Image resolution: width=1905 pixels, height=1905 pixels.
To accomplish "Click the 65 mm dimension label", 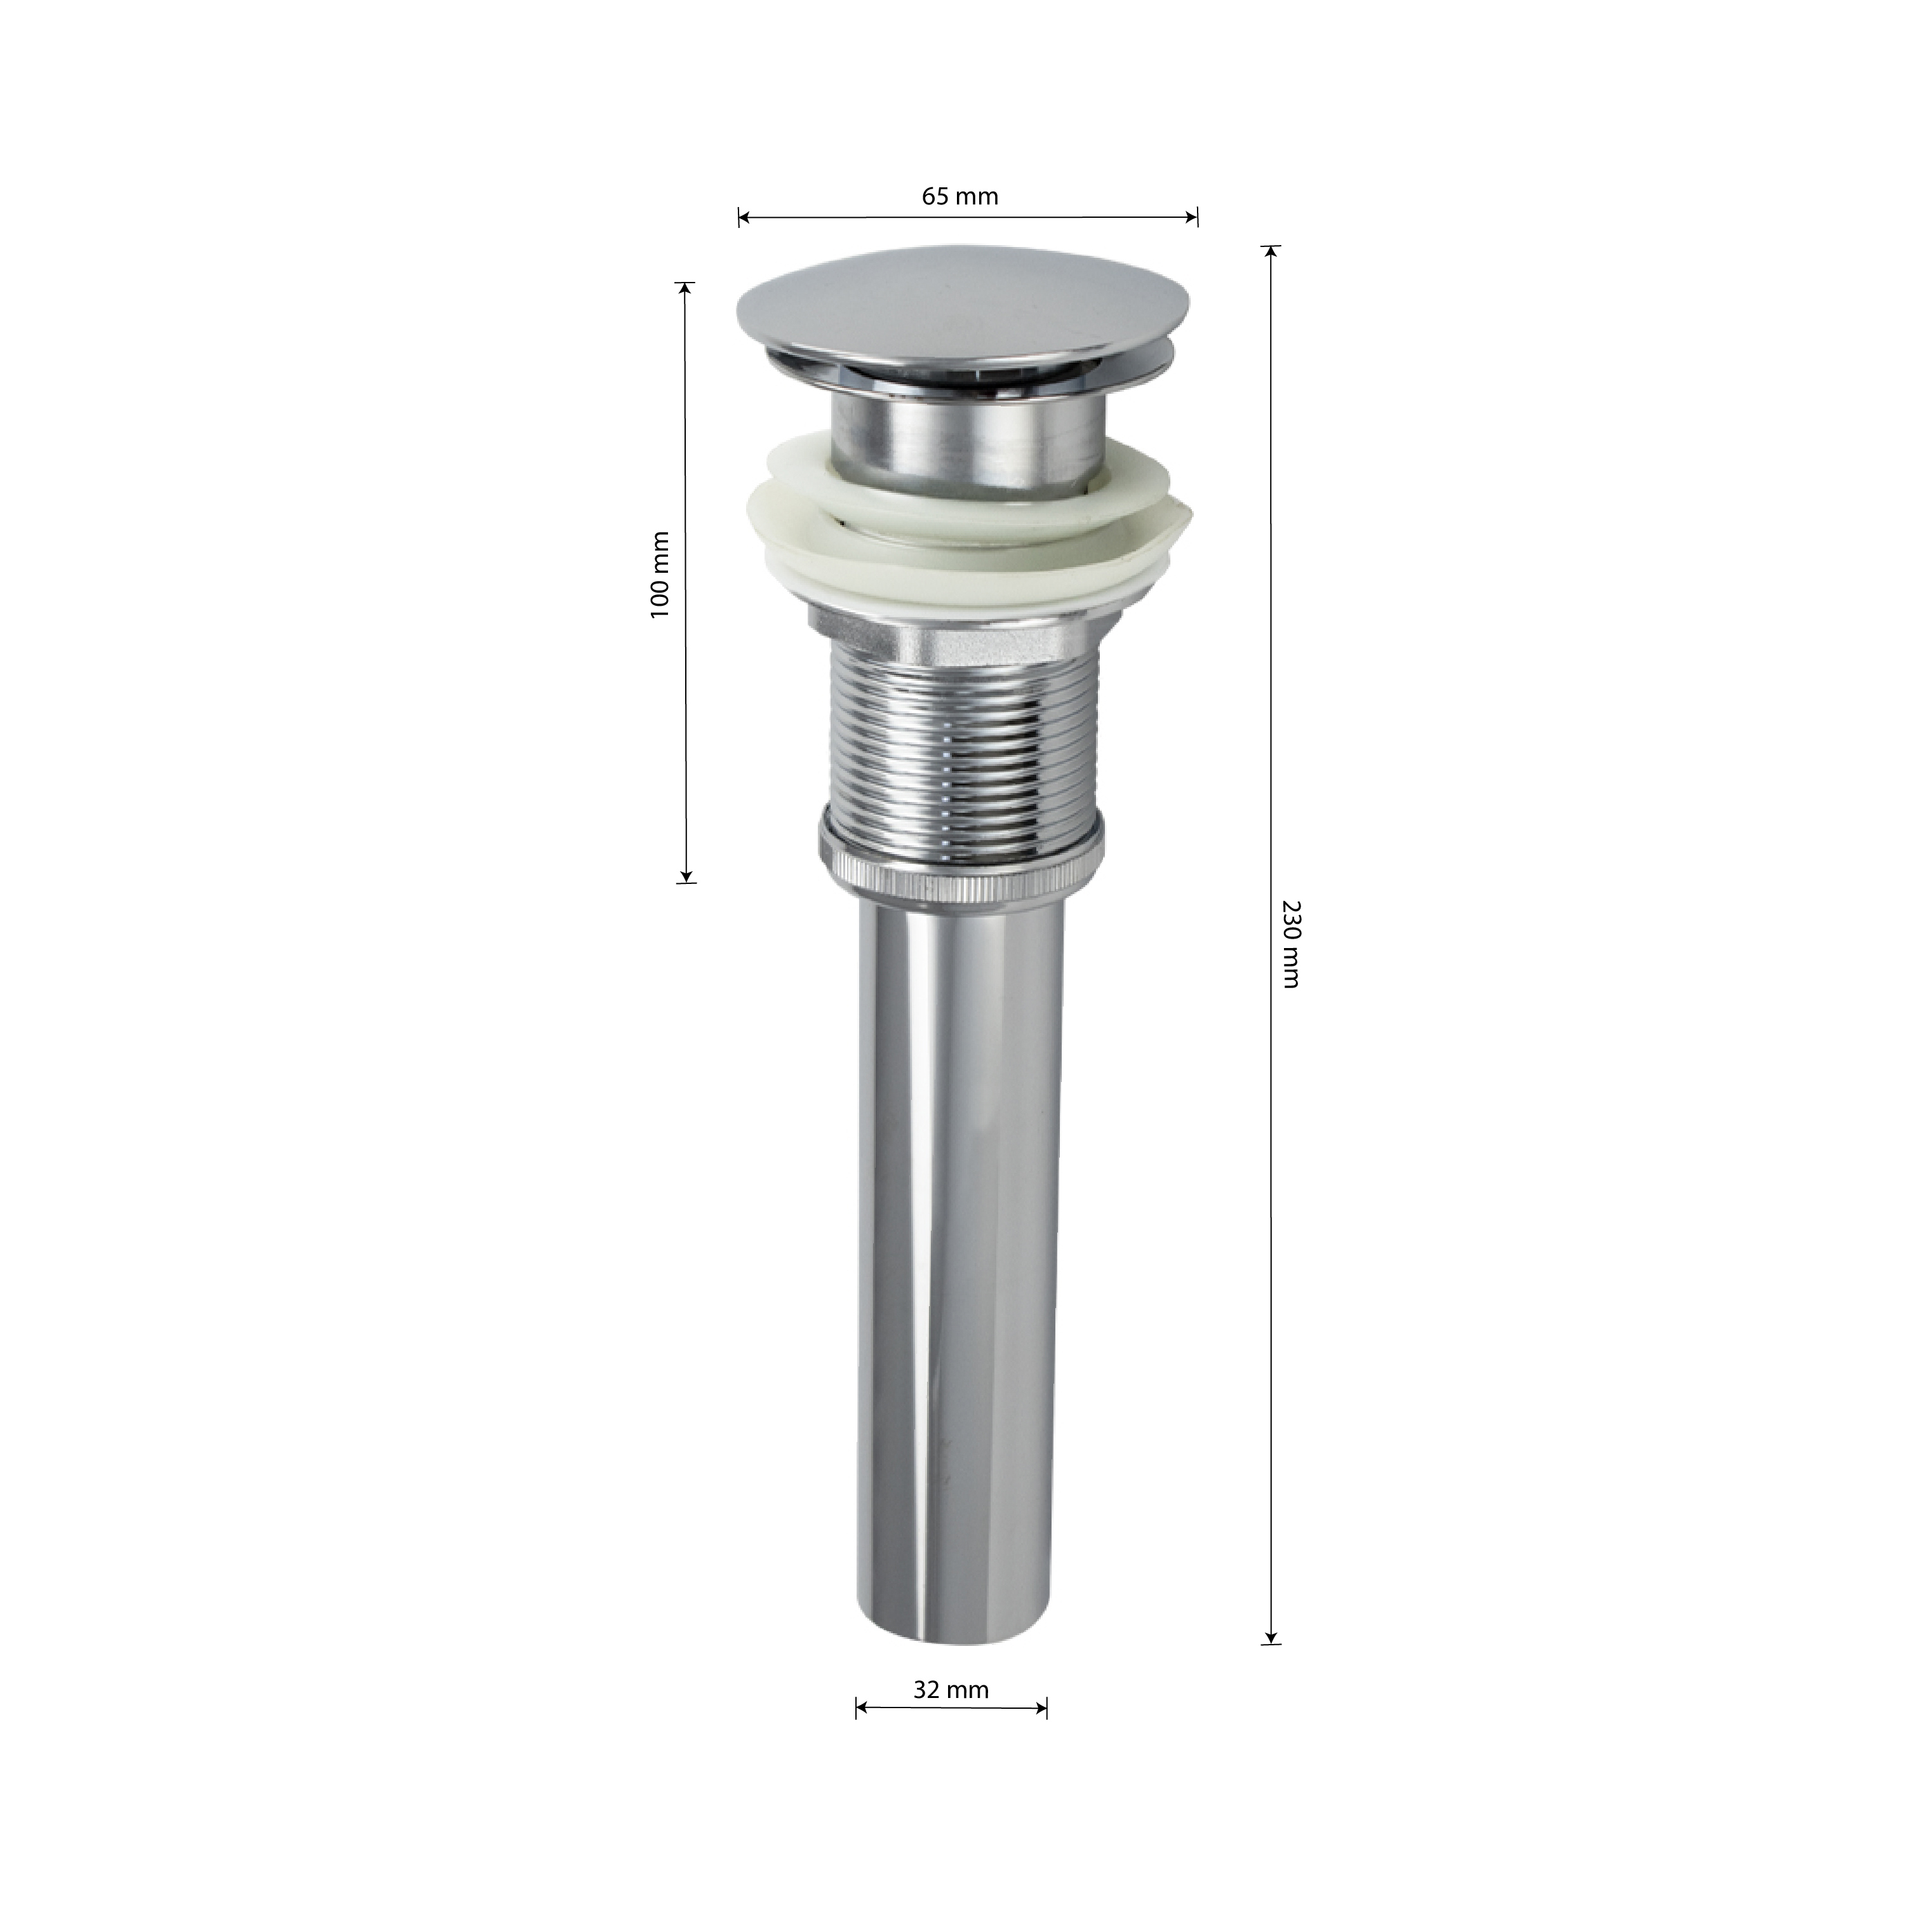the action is [x=959, y=196].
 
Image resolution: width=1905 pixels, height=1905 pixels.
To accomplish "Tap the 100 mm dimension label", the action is [x=660, y=575].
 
